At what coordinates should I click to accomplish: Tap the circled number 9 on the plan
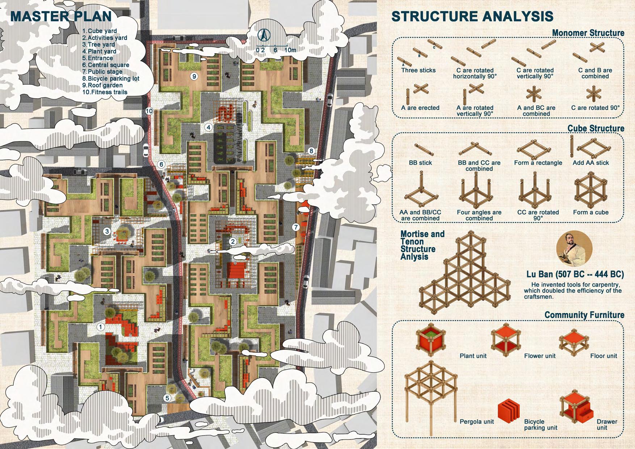point(194,76)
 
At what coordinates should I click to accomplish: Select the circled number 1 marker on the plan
point(101,327)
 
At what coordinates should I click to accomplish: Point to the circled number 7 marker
point(296,227)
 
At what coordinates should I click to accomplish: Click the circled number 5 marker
point(167,398)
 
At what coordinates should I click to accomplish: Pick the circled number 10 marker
point(149,111)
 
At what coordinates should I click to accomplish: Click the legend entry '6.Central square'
point(105,65)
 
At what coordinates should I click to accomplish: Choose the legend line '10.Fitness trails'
point(105,92)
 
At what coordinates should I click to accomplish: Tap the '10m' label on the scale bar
point(290,50)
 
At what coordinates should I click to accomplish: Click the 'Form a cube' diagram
point(590,190)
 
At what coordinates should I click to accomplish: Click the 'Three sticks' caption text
point(418,70)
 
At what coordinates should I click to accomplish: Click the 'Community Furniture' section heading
point(584,315)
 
